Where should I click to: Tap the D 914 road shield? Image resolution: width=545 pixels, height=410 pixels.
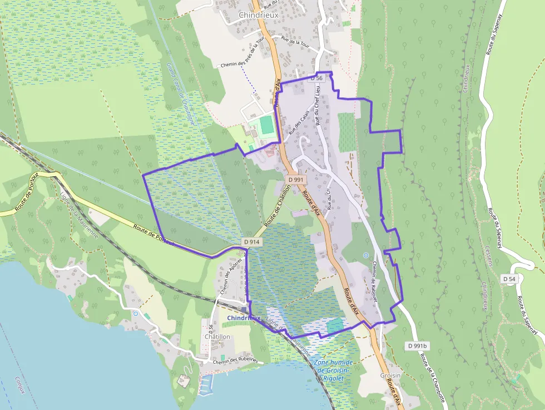pos(251,242)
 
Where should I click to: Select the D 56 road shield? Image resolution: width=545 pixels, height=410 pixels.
pos(316,78)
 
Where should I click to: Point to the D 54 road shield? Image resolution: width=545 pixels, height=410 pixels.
pos(509,278)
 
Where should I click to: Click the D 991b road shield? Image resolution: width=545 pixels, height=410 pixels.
pos(417,346)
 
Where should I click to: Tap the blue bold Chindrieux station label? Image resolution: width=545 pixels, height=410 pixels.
pos(244,318)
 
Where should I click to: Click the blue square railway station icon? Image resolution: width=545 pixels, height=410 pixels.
pos(244,309)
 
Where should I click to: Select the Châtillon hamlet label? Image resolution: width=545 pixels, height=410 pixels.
pos(217,337)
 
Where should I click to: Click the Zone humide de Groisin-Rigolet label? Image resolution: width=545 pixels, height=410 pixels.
pos(334,371)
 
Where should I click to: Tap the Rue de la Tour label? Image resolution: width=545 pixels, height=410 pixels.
pos(295,40)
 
